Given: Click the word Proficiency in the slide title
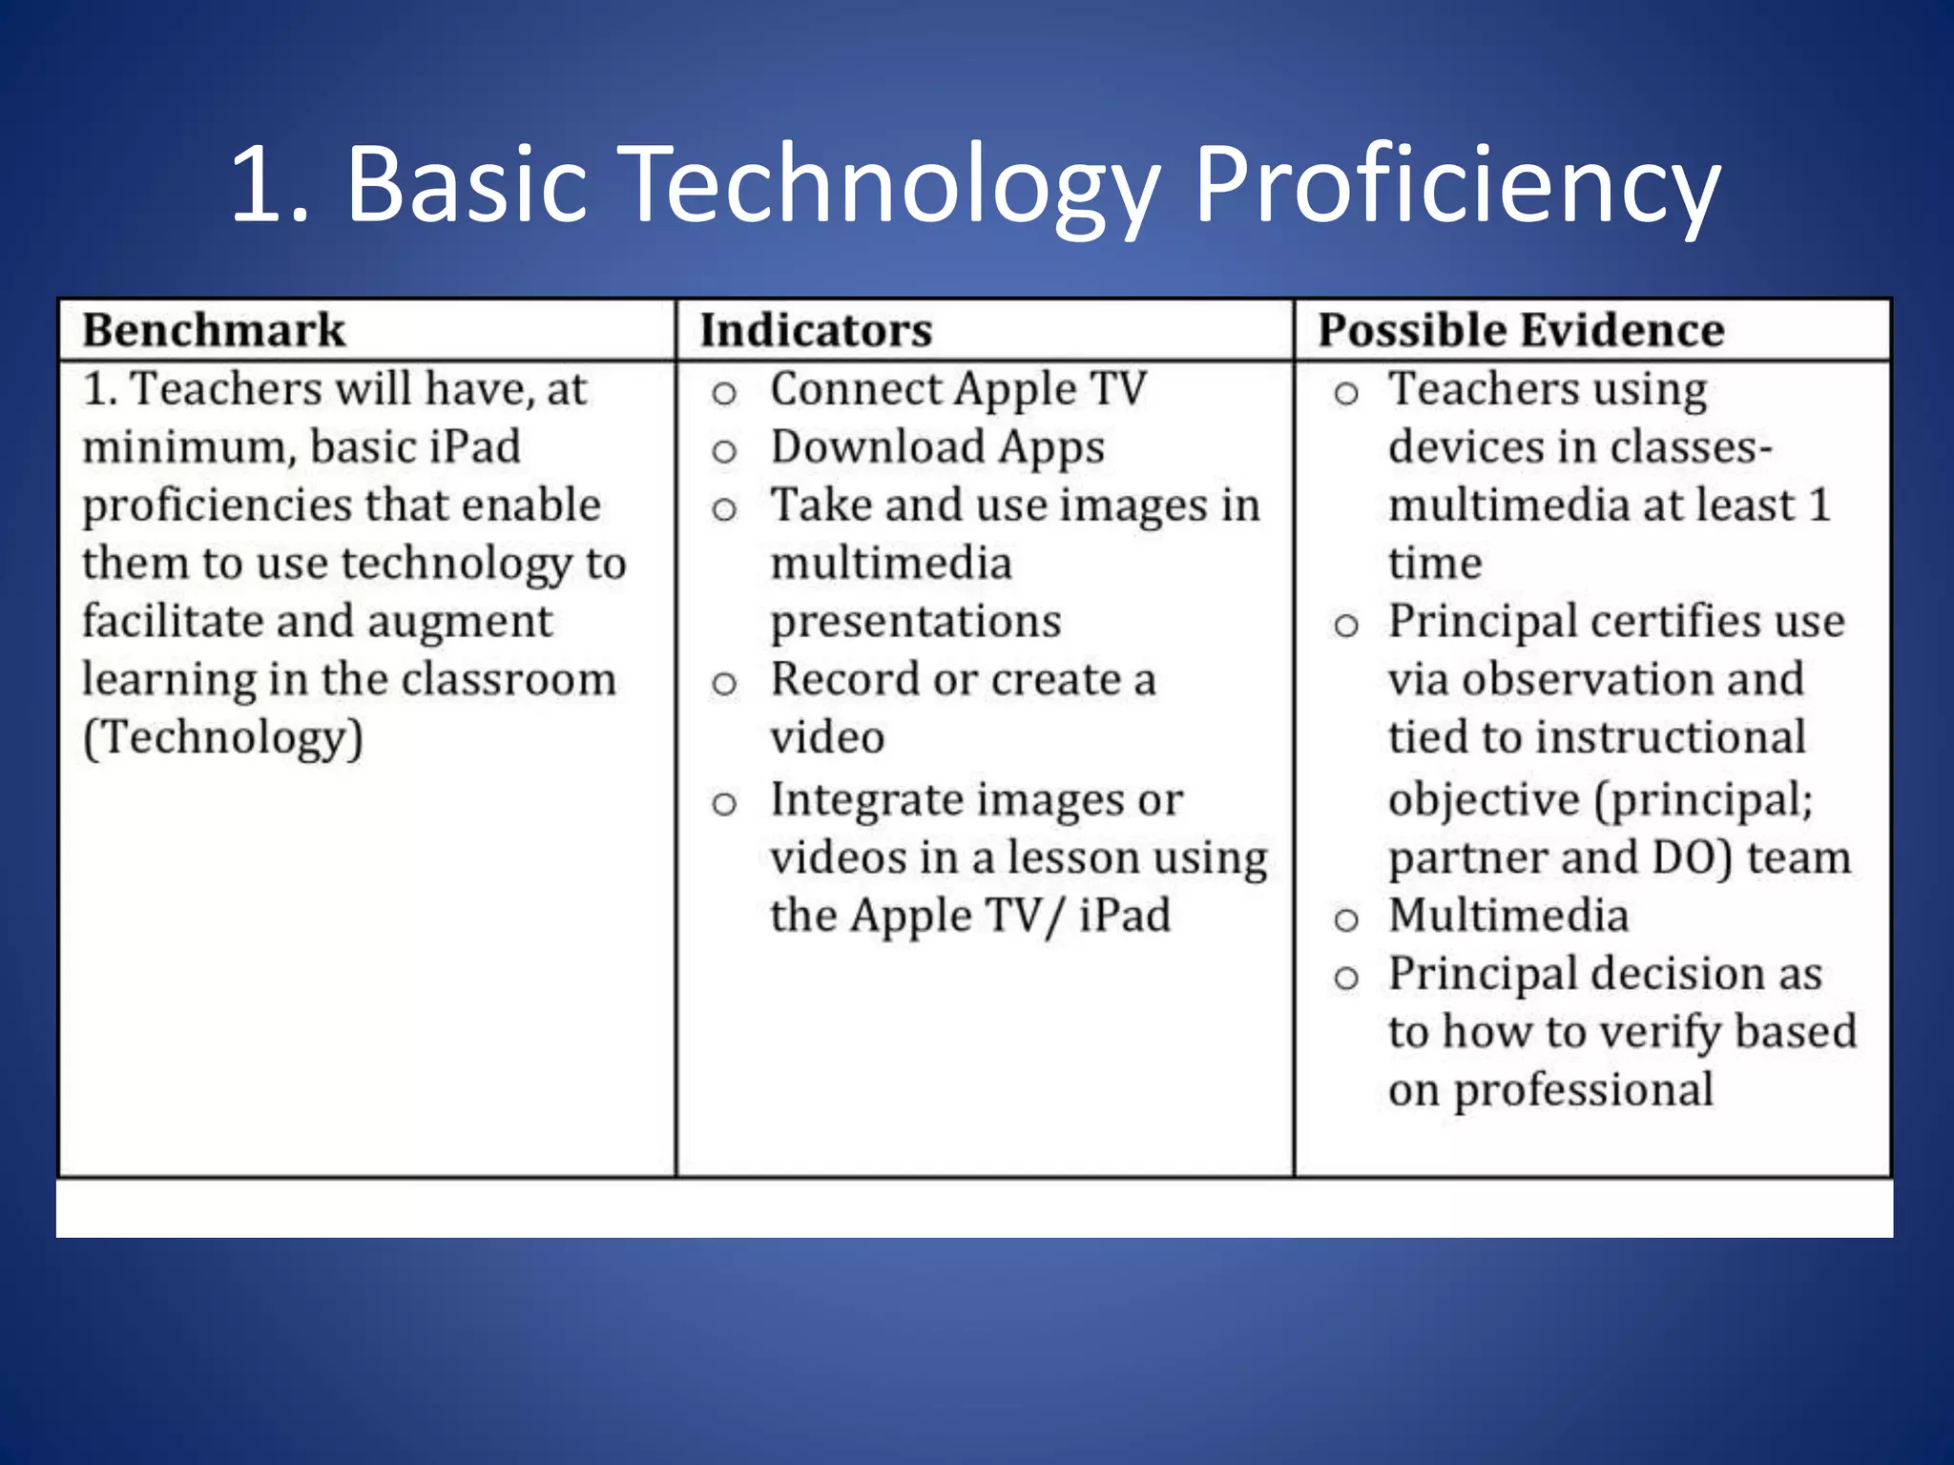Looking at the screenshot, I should click(x=1456, y=185).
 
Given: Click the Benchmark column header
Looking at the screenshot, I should click(x=214, y=331).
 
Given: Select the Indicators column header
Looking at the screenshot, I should click(x=816, y=331).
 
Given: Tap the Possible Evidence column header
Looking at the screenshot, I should click(x=1521, y=331).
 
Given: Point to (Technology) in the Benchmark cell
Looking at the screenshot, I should click(x=223, y=738).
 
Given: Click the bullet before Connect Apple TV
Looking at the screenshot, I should click(x=724, y=393).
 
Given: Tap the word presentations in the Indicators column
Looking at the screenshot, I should click(x=916, y=622).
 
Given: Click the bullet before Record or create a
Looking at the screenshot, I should click(x=724, y=683).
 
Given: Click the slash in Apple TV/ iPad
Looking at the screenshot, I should click(x=1052, y=917).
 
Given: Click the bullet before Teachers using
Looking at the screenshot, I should click(x=1345, y=393).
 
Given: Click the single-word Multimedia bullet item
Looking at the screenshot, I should click(x=1508, y=916).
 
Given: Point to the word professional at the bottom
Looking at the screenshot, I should click(x=1584, y=1090).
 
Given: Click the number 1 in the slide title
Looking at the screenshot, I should click(x=259, y=185).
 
